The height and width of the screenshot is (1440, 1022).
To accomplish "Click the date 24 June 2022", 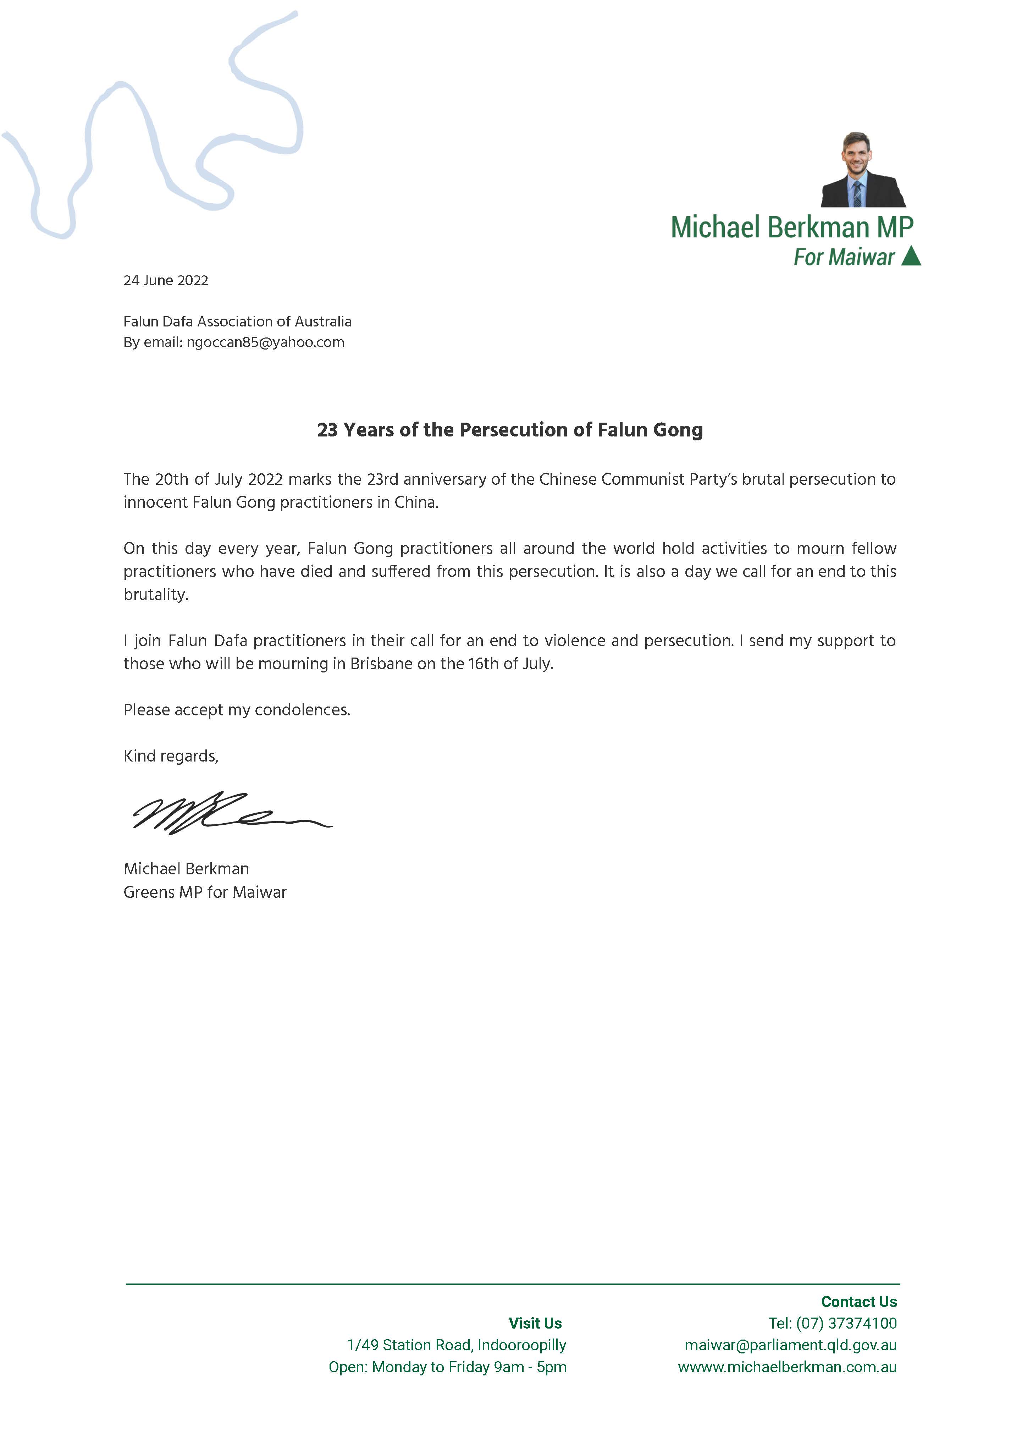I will (x=166, y=281).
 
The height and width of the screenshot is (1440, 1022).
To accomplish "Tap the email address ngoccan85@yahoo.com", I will (x=266, y=342).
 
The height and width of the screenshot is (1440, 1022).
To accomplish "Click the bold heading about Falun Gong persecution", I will (x=510, y=430).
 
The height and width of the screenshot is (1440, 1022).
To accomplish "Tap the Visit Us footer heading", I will (x=535, y=1323).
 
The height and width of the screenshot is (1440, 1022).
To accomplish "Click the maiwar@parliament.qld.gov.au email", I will (x=790, y=1345).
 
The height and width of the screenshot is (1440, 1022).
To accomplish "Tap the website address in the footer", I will (x=787, y=1367).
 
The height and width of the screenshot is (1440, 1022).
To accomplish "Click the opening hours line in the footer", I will (x=447, y=1367).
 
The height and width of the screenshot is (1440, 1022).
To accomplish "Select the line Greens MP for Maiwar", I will (x=205, y=892).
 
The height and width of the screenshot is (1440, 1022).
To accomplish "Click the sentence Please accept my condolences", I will (x=237, y=710).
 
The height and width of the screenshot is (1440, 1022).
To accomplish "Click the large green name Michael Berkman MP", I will (x=792, y=227).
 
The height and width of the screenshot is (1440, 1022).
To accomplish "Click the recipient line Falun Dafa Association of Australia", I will (x=237, y=321).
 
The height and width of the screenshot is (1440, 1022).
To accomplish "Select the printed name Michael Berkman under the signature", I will (x=186, y=869).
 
